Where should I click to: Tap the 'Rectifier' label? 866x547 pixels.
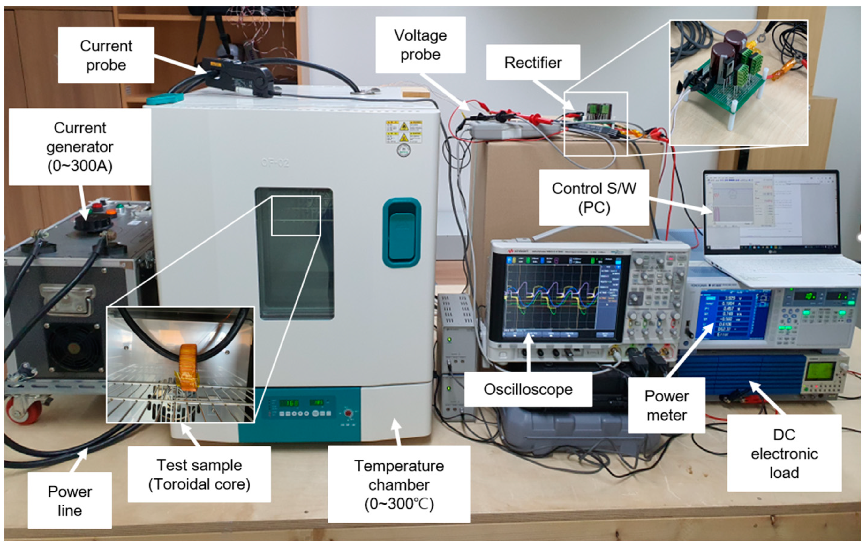(x=533, y=62)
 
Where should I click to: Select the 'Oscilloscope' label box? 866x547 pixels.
(x=528, y=389)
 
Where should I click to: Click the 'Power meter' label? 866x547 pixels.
(x=666, y=405)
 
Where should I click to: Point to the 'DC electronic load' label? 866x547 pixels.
(x=784, y=453)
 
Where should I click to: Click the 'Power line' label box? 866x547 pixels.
(x=70, y=500)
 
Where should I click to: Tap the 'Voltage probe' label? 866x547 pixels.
(x=420, y=45)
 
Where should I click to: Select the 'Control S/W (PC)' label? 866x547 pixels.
(x=594, y=198)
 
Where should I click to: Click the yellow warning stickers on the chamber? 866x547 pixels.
(x=403, y=131)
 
